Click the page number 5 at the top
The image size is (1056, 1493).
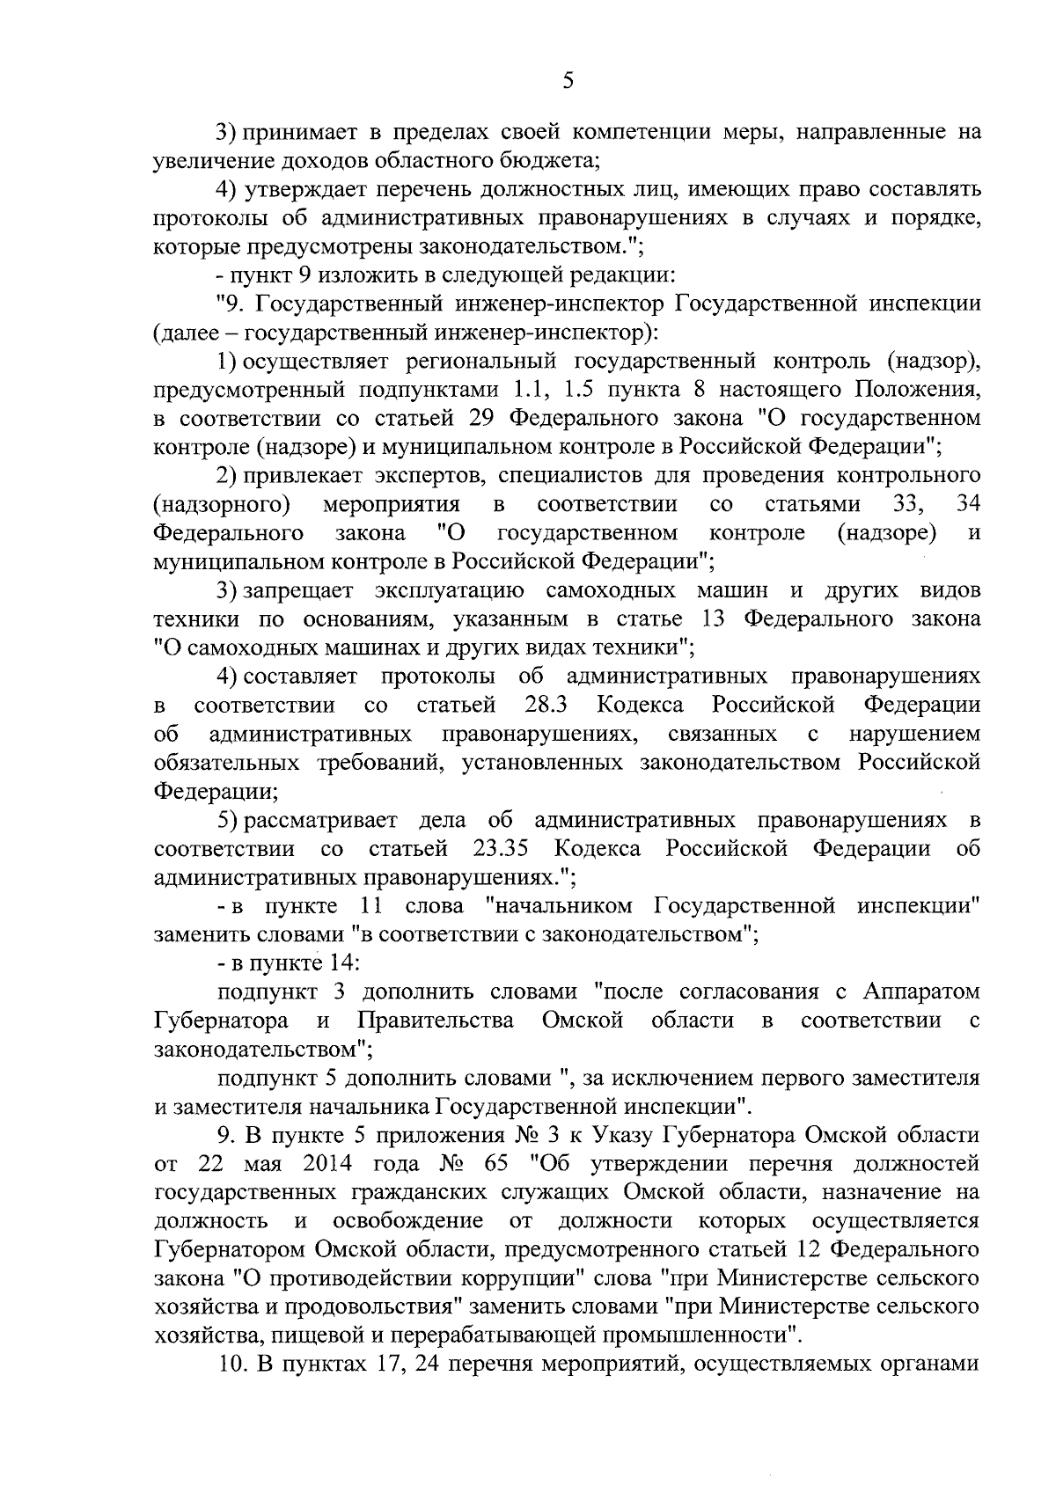pyautogui.click(x=568, y=81)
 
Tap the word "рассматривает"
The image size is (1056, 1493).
pyautogui.click(x=320, y=821)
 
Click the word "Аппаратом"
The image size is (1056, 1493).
pyautogui.click(x=921, y=992)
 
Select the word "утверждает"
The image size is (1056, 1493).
pyautogui.click(x=301, y=189)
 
